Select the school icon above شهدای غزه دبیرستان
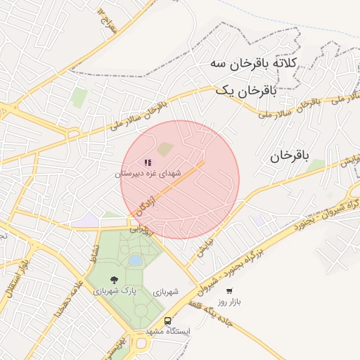[x=148, y=162]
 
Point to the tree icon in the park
[x=115, y=280]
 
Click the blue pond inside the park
[x=134, y=261]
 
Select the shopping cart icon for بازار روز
[x=229, y=290]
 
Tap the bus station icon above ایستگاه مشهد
[x=169, y=320]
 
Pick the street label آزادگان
[x=144, y=207]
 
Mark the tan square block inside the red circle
[x=165, y=149]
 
